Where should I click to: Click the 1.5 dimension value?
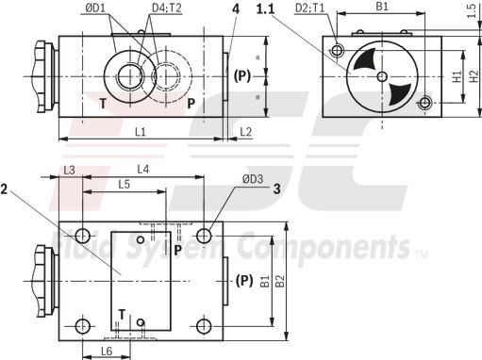(x=470, y=11)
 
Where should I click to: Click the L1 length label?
(x=139, y=132)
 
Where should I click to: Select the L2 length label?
(x=246, y=132)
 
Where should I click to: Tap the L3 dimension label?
(x=69, y=170)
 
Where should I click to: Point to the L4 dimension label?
(x=143, y=170)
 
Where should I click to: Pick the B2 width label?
(x=278, y=280)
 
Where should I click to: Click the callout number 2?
(x=6, y=188)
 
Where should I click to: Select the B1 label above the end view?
(x=382, y=7)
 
